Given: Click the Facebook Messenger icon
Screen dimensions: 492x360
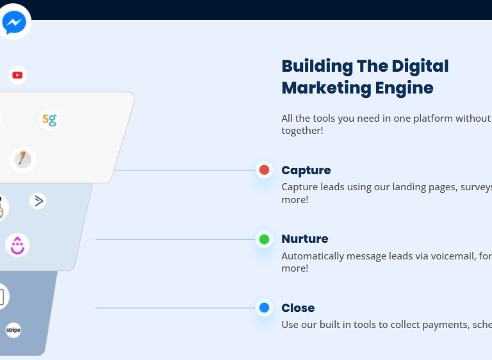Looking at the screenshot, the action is pos(14,22).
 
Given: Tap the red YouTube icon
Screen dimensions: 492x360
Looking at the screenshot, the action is pos(17,76).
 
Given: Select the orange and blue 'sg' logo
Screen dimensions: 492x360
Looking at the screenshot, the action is pos(49,120).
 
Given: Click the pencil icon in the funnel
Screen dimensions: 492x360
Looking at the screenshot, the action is pos(22,160).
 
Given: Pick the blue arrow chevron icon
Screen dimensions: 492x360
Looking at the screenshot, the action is pos(38,201).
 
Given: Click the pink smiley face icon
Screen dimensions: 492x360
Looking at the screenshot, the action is pos(17,245).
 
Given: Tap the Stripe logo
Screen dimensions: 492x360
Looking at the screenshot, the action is pos(13,330).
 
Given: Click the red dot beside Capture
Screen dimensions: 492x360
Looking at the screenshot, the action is pos(264,170).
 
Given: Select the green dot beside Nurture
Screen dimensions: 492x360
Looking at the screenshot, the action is pos(264,239).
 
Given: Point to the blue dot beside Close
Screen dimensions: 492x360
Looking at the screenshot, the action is pos(264,307).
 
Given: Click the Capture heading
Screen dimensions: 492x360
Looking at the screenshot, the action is pos(306,170).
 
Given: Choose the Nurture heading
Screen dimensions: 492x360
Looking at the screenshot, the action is pos(305,239).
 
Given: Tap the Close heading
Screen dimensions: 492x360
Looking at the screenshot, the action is pos(298,308).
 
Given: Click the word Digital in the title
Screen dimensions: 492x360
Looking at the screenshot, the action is pos(420,67).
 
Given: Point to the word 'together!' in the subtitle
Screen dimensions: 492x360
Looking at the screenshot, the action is pos(302,130).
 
